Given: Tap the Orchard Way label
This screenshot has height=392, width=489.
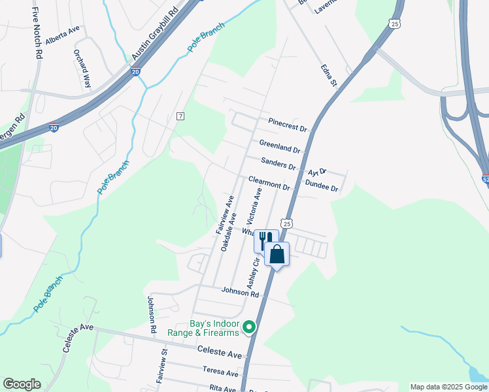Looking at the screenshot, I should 82,69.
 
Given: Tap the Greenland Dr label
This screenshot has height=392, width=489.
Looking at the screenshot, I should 279,145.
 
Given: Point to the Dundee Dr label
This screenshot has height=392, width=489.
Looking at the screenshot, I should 322,187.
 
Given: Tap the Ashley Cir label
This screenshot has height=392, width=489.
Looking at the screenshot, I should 252,272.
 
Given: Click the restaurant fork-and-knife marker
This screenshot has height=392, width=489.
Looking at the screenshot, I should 264,240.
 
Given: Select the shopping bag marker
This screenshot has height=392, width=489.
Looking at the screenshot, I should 277,253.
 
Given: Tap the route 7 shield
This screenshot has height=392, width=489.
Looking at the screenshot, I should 181,116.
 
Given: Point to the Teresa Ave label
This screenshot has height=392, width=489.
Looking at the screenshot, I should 220,372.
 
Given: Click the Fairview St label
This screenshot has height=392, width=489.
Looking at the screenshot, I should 161,370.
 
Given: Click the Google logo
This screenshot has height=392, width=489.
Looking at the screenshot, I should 22,384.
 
